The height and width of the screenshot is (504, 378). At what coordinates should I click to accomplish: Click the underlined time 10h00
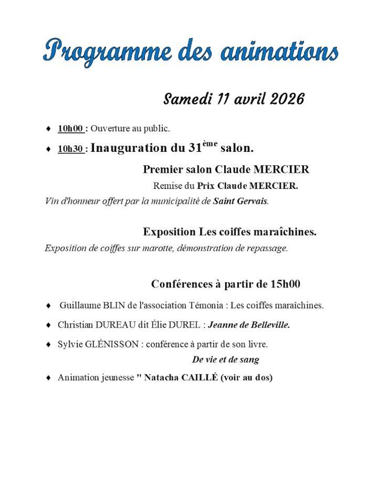pos(70,128)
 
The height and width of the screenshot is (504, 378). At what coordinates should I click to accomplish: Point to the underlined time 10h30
pos(70,149)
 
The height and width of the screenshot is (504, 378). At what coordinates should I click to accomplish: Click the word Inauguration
pos(131,148)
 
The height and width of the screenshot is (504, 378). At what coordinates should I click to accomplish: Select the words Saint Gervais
pos(240,201)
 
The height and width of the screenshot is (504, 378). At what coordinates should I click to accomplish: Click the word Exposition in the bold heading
pos(169,232)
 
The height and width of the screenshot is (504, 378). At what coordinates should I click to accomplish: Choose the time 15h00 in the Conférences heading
pos(285,284)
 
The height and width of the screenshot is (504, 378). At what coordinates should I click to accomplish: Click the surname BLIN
pos(111,305)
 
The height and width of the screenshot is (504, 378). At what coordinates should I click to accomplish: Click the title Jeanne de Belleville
pos(249,325)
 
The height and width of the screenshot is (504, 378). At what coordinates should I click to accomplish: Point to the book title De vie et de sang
pos(226,360)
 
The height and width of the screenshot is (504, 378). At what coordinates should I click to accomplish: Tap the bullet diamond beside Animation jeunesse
pos(49,377)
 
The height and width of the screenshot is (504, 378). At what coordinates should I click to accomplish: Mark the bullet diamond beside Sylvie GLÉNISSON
pos(49,345)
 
